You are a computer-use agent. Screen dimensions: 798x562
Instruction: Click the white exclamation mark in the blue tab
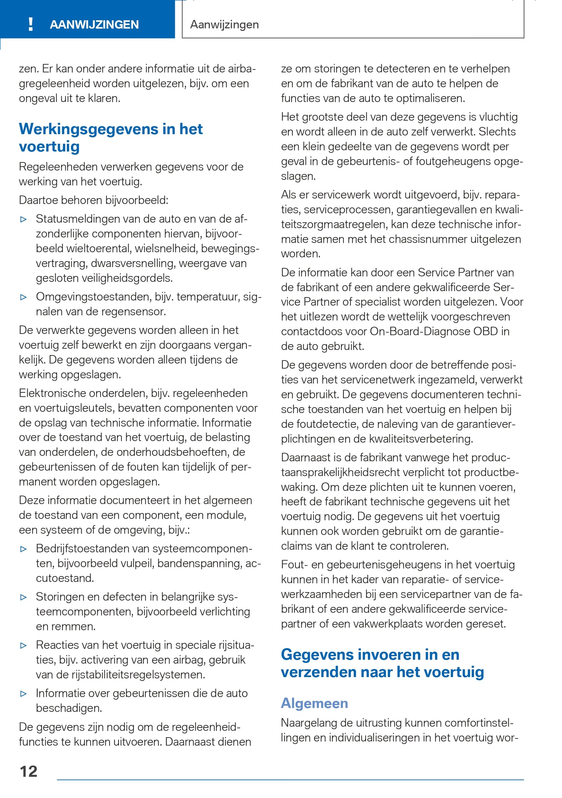click(x=31, y=24)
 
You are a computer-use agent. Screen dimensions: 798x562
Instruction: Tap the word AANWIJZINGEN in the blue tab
click(x=94, y=25)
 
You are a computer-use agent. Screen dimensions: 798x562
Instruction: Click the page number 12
click(x=28, y=771)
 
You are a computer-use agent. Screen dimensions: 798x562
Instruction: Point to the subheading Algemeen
click(x=314, y=703)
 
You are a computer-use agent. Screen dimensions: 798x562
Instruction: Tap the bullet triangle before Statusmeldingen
click(x=24, y=219)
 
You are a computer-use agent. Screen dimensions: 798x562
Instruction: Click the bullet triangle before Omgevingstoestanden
click(x=24, y=297)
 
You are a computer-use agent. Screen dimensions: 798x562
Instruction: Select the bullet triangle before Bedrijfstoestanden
click(x=24, y=549)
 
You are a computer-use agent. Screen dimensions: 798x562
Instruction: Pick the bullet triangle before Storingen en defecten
click(x=24, y=597)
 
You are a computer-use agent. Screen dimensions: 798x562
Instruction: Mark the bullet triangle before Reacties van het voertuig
click(x=24, y=645)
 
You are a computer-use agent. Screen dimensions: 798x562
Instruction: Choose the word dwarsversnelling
click(x=133, y=263)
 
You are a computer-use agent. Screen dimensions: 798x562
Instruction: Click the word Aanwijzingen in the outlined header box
click(x=224, y=25)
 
